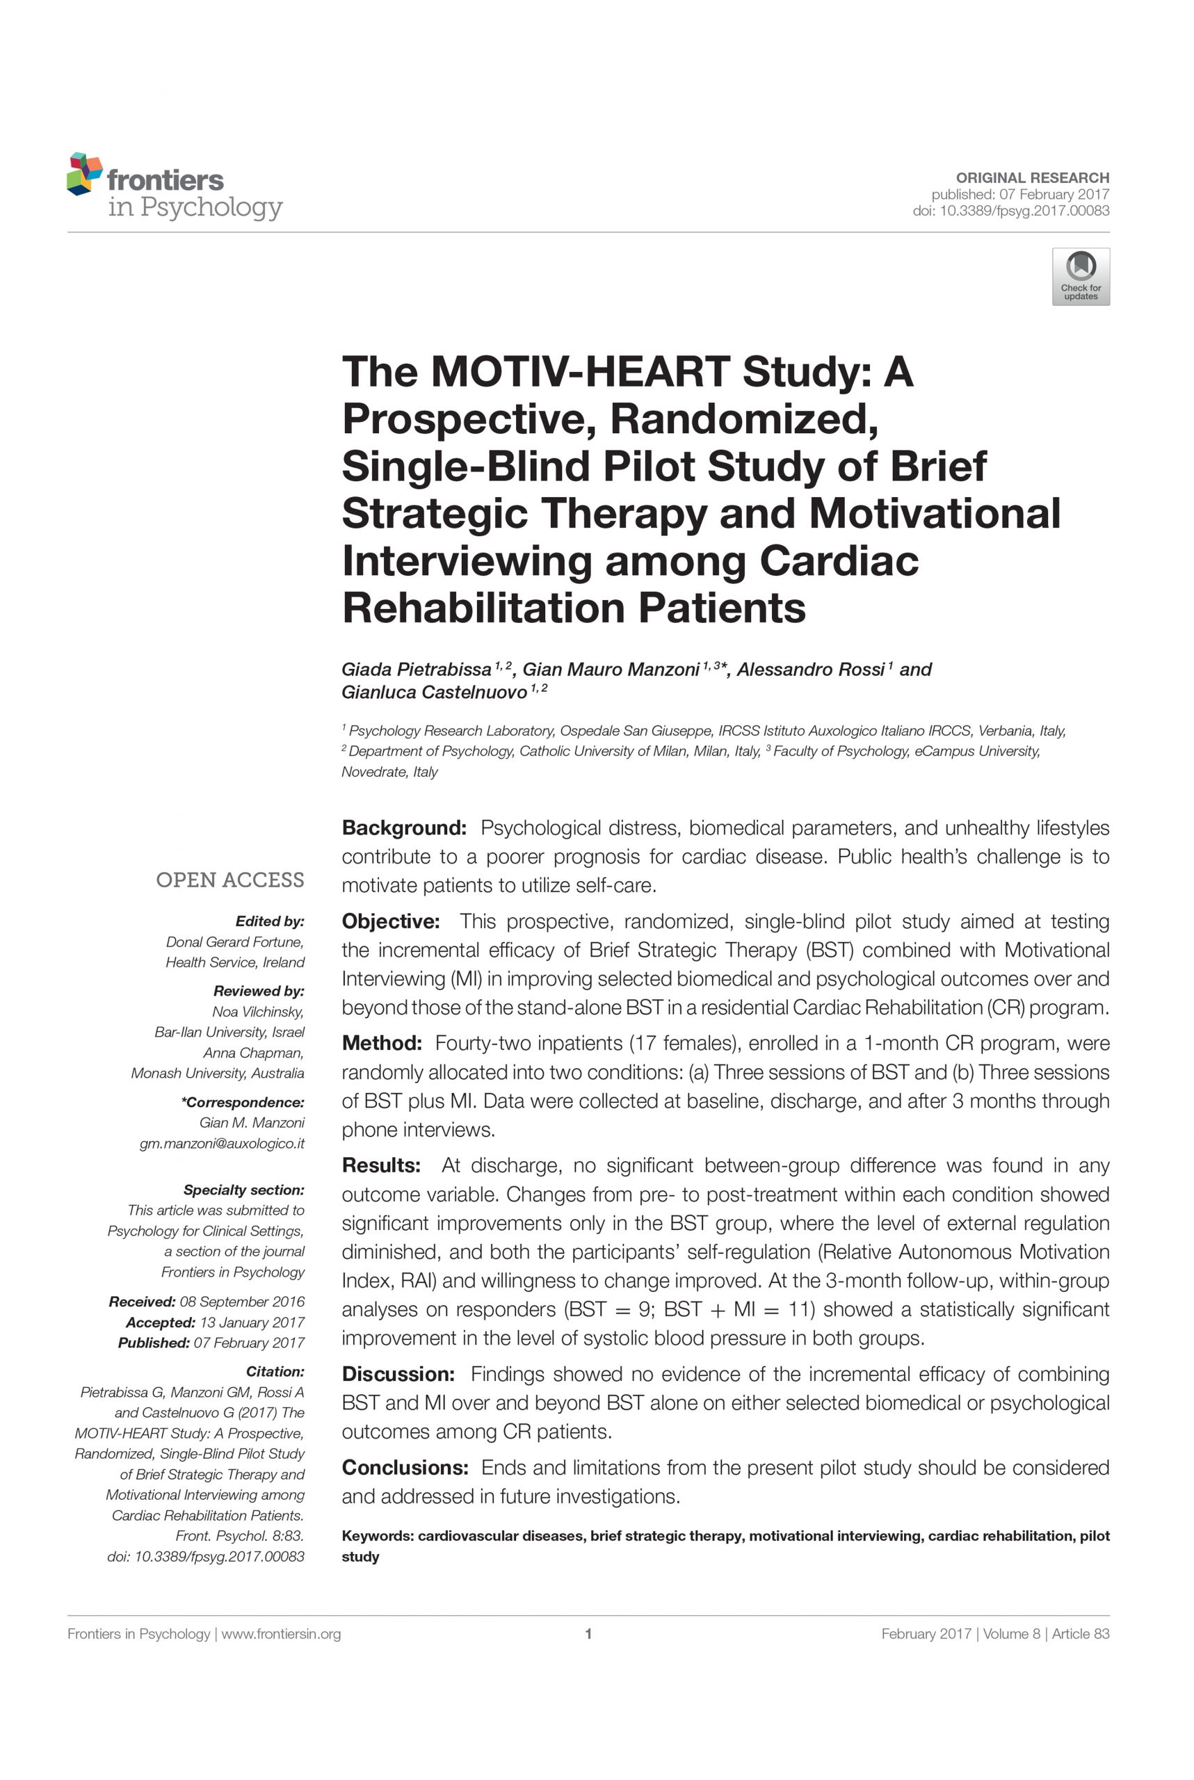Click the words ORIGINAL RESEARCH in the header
pos(1033,177)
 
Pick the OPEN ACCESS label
pos(230,880)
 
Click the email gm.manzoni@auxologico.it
pos(222,1144)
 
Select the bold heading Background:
pos(403,827)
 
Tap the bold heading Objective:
pos(391,921)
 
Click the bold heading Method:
pos(382,1043)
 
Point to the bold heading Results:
pos(381,1165)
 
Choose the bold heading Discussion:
pos(398,1374)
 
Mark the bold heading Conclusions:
pos(404,1468)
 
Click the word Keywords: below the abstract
pos(377,1536)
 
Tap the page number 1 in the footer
pos(588,1634)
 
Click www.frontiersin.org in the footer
pos(281,1634)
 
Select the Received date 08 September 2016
pos(241,1302)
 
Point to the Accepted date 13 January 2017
pos(251,1322)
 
